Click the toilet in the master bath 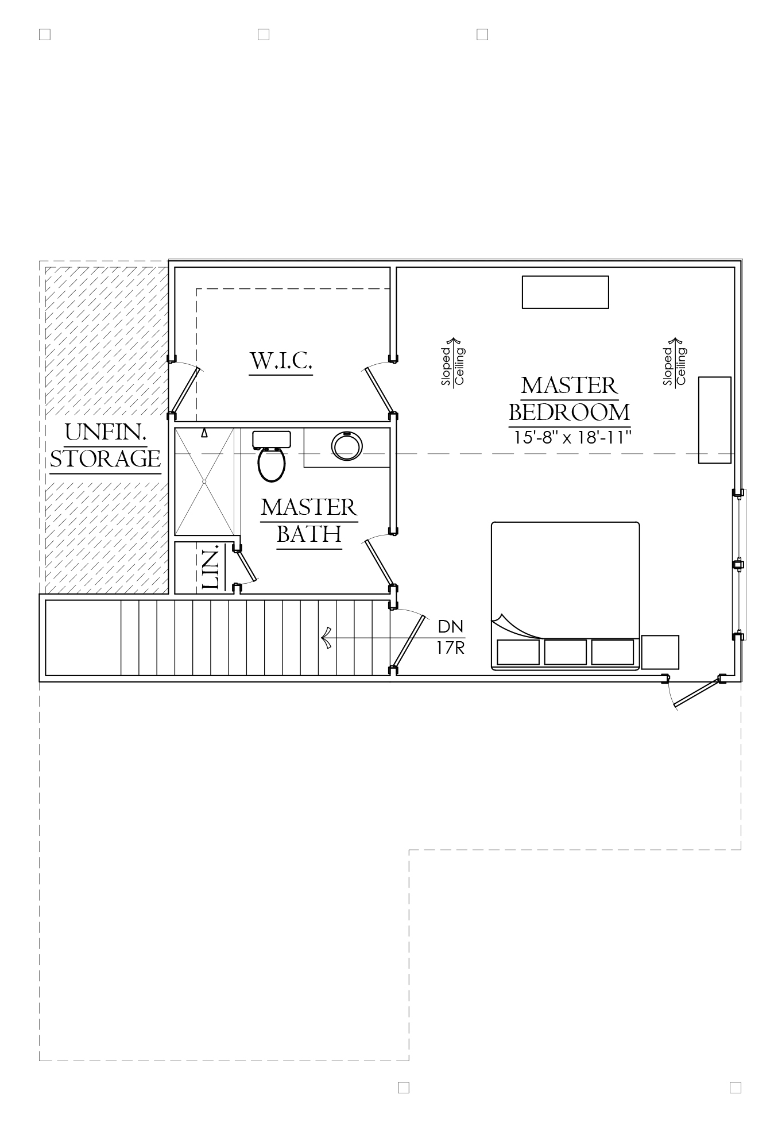272,457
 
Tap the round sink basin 347,446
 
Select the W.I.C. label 281,361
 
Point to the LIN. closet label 211,568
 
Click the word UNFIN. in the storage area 106,433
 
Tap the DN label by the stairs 450,626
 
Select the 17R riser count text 450,648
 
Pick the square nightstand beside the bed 660,652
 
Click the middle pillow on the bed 566,652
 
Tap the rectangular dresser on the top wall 565,292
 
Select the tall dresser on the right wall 715,420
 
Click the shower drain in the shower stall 204,481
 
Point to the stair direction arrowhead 327,638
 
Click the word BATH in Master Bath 309,534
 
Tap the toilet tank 272,440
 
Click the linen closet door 246,564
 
